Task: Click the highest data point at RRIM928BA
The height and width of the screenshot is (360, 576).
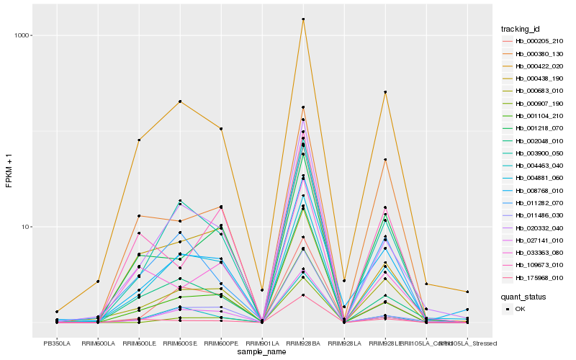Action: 303,19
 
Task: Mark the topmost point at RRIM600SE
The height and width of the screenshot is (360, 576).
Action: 180,102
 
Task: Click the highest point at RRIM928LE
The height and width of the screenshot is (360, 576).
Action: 385,92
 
